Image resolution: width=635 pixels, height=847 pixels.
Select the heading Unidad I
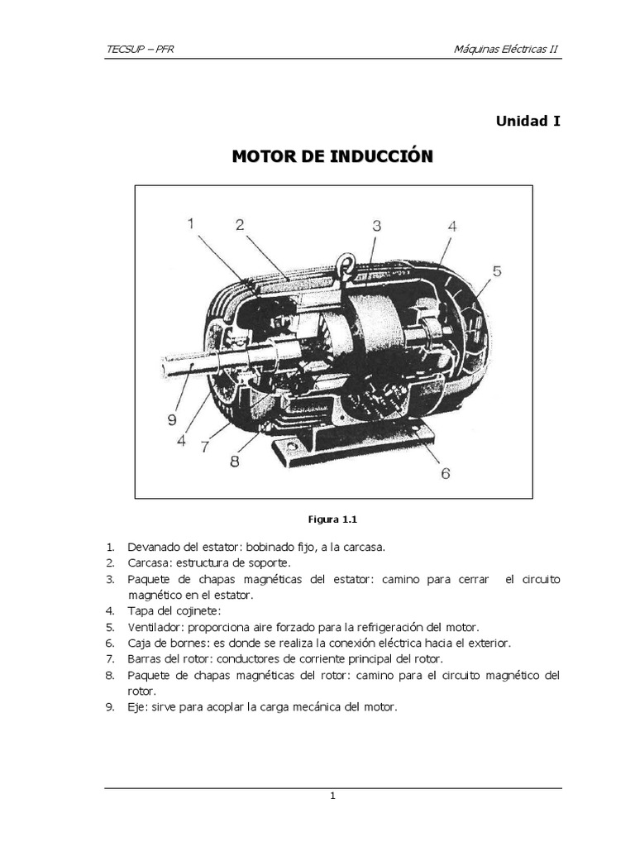click(528, 121)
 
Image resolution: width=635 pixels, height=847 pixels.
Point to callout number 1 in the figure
click(190, 224)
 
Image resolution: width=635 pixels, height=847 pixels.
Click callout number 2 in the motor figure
click(239, 225)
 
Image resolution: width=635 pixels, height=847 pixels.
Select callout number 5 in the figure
click(496, 270)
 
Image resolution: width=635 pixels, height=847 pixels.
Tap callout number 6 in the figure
click(445, 474)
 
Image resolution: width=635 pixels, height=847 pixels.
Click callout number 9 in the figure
click(172, 419)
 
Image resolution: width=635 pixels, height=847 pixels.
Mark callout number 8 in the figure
click(234, 462)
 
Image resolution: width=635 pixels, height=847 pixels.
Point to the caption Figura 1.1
click(331, 519)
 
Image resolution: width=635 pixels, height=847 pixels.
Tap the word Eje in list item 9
click(136, 706)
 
